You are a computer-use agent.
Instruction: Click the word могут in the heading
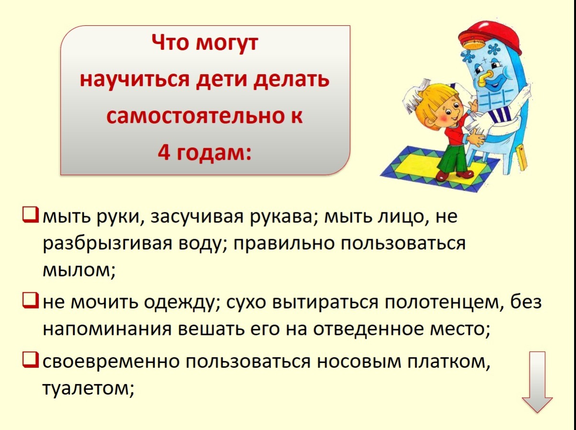tap(227, 43)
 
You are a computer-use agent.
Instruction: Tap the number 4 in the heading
tap(164, 153)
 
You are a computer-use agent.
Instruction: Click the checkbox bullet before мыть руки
tap(31, 215)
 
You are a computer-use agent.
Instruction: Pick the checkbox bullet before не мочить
tap(31, 300)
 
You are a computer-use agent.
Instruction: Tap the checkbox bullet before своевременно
tap(31, 360)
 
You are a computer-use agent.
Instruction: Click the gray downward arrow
tap(537, 382)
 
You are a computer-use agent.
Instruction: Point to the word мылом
tap(79, 270)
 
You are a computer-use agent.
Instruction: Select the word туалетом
tap(88, 388)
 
